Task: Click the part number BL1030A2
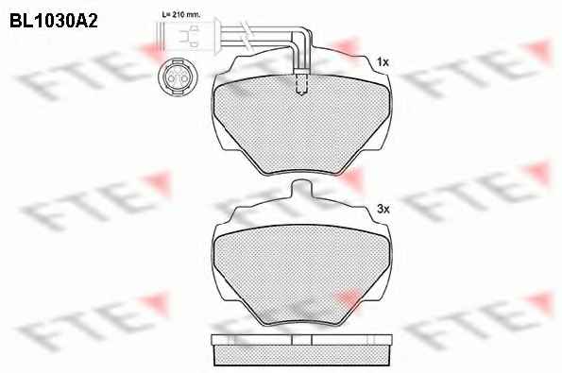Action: (x=54, y=21)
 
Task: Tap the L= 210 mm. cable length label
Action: (x=181, y=15)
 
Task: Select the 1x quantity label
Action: (x=383, y=62)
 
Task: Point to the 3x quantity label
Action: (x=383, y=209)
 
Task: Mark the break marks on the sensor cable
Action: (x=245, y=33)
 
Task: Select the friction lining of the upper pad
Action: (x=301, y=125)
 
